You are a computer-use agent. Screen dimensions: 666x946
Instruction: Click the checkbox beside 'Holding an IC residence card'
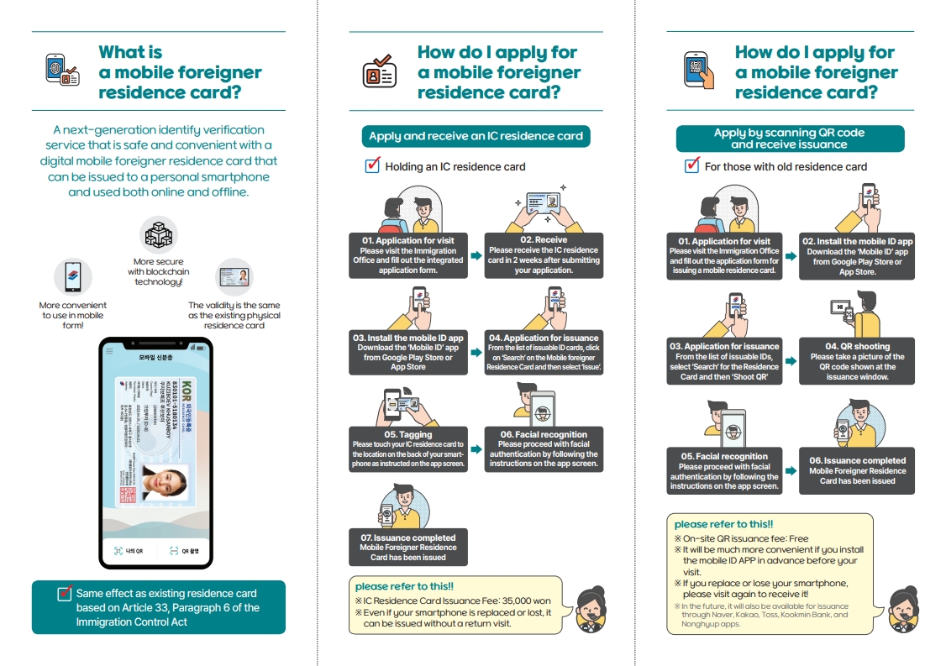(373, 165)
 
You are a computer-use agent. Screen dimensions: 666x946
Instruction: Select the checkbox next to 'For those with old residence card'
(692, 165)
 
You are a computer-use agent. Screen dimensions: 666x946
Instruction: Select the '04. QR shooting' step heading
(857, 346)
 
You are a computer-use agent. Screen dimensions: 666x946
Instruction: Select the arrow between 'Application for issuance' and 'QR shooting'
(791, 361)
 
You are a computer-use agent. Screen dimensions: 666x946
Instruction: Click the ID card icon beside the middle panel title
(379, 71)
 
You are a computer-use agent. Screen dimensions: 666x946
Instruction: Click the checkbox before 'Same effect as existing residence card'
(65, 594)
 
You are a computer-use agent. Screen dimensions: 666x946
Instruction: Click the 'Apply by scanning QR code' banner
(790, 139)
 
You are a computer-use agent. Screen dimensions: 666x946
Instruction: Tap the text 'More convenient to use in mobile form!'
(72, 315)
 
